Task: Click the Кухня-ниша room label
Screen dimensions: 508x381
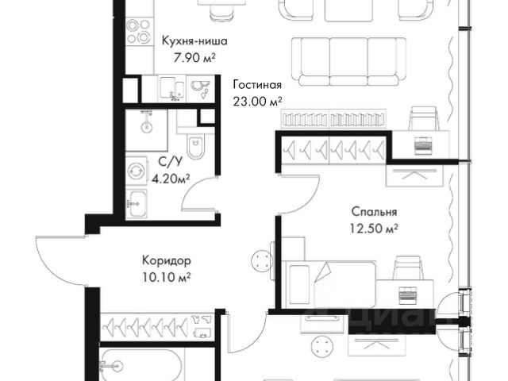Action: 194,41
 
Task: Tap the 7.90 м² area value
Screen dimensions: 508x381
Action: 194,58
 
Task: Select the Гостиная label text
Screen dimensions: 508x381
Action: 257,85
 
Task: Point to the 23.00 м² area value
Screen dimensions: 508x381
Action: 257,102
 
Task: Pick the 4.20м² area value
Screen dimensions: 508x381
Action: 171,179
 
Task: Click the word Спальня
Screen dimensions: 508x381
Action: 374,212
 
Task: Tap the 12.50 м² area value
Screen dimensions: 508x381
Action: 374,229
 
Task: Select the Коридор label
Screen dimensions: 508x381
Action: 167,260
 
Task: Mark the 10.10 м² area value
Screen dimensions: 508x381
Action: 166,277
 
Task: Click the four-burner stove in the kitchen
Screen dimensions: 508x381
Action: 140,31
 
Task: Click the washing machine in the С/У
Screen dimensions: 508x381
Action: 137,171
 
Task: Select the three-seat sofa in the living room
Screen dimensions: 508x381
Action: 348,62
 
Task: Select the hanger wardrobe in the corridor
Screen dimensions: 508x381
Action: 157,326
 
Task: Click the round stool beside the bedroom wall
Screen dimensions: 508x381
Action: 262,261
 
